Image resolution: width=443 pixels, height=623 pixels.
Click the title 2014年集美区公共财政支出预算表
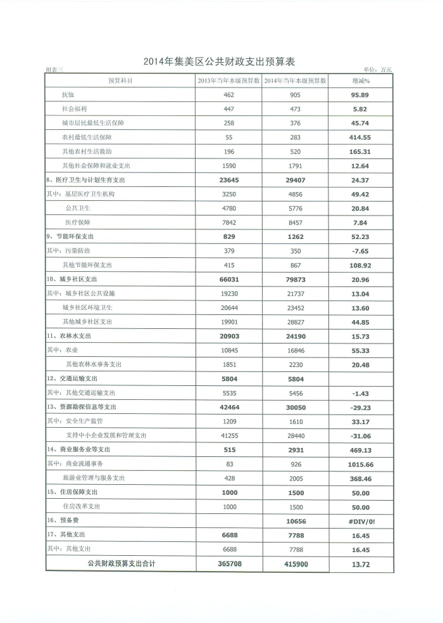tap(220, 61)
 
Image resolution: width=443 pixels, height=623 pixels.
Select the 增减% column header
tap(360, 81)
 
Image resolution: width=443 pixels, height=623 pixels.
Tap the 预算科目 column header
tap(120, 81)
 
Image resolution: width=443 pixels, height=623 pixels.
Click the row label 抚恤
tap(68, 95)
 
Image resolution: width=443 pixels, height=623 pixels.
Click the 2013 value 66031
tap(229, 279)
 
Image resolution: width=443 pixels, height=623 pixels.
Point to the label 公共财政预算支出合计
tap(120, 563)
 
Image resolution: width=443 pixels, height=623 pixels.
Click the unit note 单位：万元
tap(378, 70)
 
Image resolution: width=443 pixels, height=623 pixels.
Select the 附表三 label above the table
tap(55, 70)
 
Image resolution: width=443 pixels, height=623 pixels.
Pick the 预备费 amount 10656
tap(295, 521)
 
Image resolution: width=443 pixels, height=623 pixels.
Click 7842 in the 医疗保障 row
tap(229, 223)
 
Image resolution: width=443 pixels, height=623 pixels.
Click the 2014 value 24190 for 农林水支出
tap(295, 337)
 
